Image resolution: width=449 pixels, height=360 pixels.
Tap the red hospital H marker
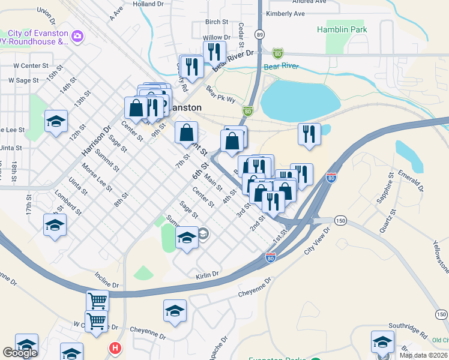(x=115, y=347)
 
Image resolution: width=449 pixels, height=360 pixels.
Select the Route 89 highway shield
(x=259, y=35)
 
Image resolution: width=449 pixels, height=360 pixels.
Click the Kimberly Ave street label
(x=286, y=13)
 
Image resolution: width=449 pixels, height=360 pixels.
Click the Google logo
(x=20, y=353)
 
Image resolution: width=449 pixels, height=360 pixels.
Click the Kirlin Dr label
(x=207, y=275)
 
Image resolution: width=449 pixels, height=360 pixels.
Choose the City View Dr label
(x=318, y=240)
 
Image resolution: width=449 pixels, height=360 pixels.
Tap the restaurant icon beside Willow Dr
(x=214, y=52)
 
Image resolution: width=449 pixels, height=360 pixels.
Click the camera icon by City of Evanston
(x=77, y=38)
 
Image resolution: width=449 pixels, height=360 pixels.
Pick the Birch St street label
(x=217, y=22)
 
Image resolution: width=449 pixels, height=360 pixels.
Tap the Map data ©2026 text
(x=423, y=355)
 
